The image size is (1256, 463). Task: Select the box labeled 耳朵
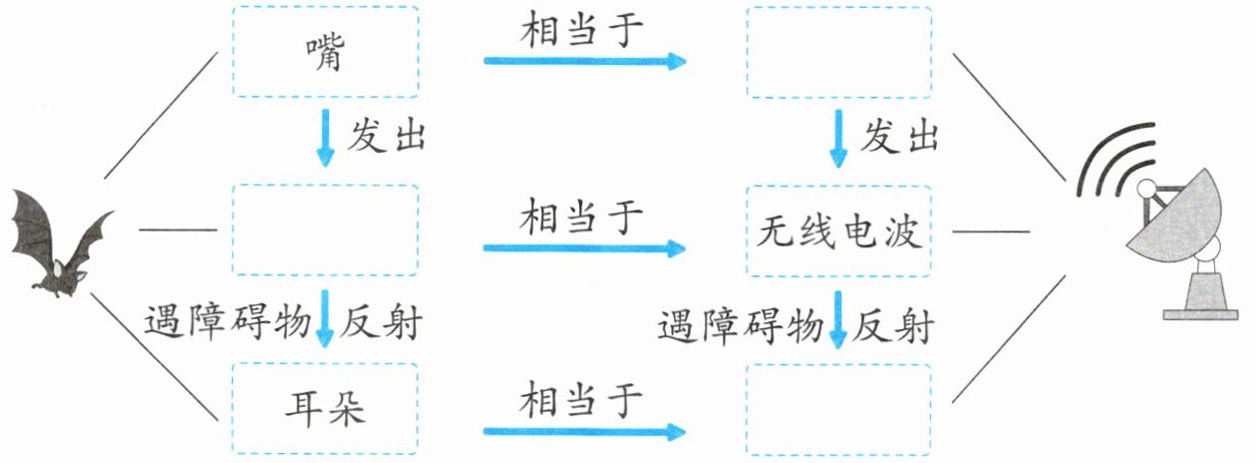coord(325,411)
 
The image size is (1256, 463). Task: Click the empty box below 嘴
coord(325,230)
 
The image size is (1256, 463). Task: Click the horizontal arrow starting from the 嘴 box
coord(585,61)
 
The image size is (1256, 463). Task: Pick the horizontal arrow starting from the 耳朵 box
coord(585,432)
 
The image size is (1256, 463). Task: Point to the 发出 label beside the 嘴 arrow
coord(386,138)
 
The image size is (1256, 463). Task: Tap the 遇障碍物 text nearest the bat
coord(228,322)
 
